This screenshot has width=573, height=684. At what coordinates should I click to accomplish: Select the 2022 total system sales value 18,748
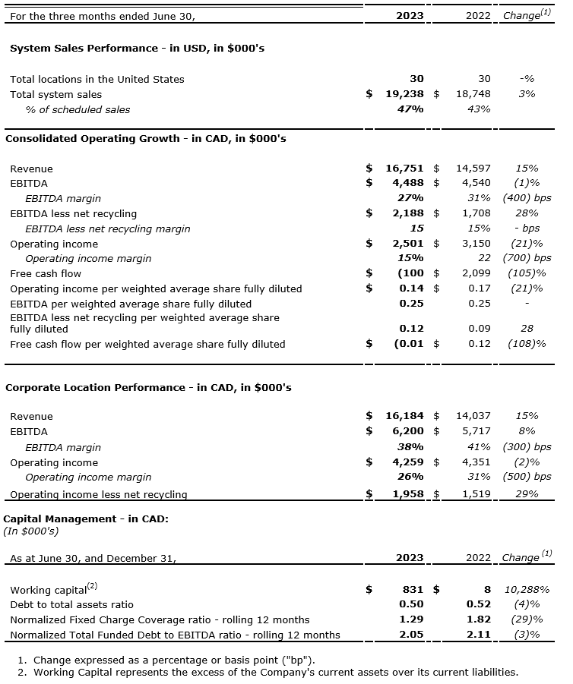473,94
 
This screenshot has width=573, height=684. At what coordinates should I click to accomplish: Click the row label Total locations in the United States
97,79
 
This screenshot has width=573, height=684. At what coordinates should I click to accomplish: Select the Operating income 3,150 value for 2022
476,244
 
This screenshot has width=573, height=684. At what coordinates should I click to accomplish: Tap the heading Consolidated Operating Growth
145,138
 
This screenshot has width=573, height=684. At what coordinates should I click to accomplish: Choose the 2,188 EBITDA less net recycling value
407,213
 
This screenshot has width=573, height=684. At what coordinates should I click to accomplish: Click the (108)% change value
527,344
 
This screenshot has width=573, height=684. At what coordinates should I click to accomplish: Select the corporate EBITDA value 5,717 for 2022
476,431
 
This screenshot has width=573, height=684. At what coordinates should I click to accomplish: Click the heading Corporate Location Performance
148,387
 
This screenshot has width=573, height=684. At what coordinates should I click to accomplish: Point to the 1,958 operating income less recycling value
407,494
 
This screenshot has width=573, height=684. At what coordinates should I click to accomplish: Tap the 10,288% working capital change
527,589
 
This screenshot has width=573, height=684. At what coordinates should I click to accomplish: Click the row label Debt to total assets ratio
71,604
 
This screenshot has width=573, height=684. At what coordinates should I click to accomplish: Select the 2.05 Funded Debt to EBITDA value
412,635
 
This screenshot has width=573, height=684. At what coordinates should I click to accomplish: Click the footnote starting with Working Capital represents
275,672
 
